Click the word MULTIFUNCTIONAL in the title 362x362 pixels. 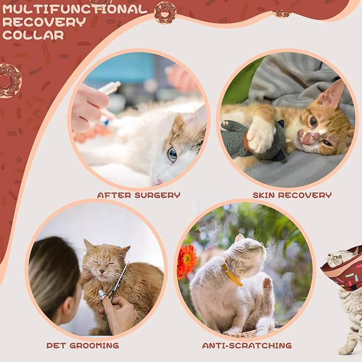point(75,10)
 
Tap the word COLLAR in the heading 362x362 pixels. point(33,35)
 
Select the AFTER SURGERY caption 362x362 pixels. point(139,195)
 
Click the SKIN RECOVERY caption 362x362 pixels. point(292,195)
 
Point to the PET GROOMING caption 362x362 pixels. point(83,345)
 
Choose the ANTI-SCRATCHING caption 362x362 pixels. point(247,345)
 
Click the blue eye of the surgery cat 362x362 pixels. point(173,154)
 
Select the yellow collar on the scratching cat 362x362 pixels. point(232,275)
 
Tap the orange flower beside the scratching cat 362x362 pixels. point(187,261)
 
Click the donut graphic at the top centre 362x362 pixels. point(165,12)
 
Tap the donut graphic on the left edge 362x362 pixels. point(9,81)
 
